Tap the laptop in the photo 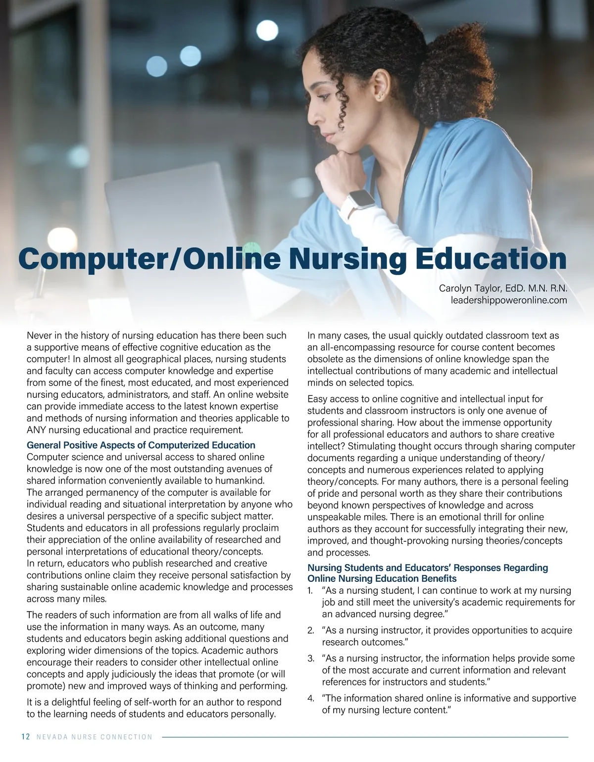(x=163, y=213)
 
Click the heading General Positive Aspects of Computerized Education (x=141, y=445)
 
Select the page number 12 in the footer (x=26, y=737)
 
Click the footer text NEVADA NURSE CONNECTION (x=95, y=737)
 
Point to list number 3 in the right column (x=311, y=659)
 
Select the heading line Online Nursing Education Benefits (x=382, y=578)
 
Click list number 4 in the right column (x=311, y=699)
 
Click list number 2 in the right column (x=311, y=631)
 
